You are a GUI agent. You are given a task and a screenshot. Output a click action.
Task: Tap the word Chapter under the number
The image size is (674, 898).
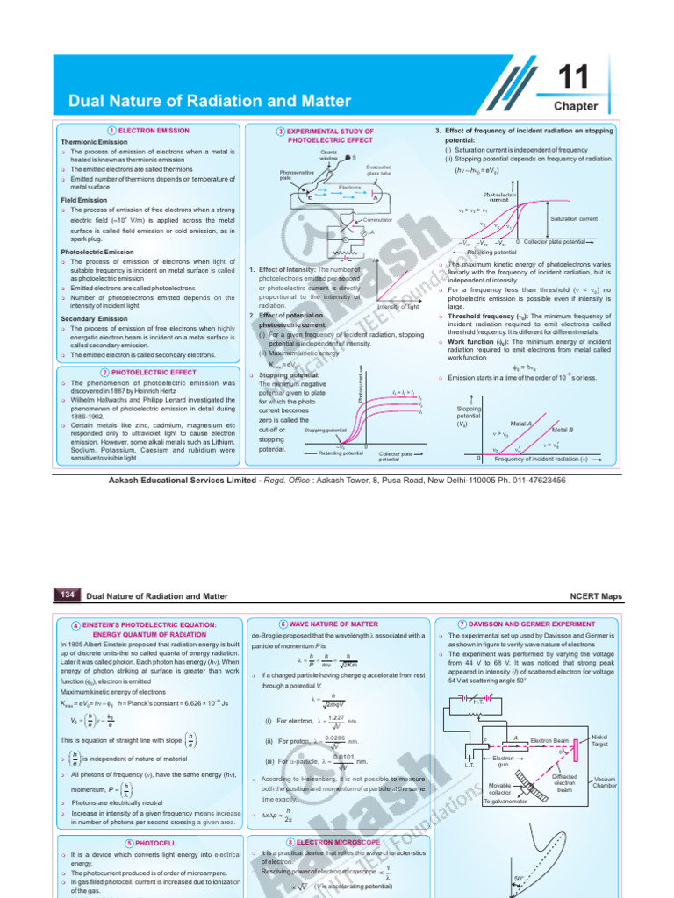tap(576, 106)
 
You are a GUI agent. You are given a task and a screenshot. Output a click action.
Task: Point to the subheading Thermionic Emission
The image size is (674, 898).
tap(94, 141)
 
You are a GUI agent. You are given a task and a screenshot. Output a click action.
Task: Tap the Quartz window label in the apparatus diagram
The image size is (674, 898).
tap(329, 155)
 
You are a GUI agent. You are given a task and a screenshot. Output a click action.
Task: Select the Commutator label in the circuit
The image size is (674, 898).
tap(377, 219)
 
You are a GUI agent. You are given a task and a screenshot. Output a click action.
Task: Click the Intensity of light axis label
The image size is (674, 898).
tap(398, 307)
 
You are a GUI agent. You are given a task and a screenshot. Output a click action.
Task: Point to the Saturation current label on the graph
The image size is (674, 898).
tap(574, 218)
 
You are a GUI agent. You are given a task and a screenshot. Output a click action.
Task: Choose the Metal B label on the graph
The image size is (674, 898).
tap(562, 430)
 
